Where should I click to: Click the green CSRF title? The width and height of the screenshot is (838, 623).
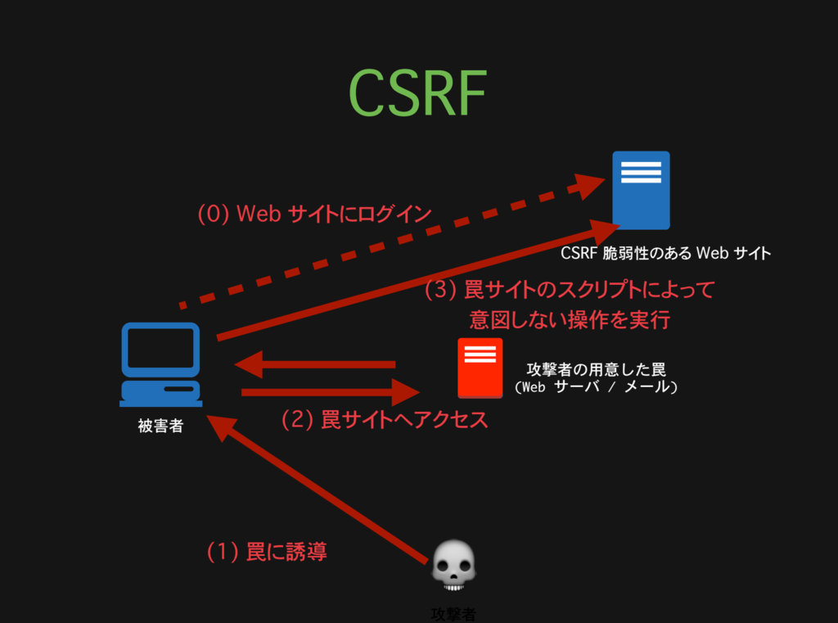[417, 93]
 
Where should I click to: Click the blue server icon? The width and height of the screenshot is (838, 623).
[641, 190]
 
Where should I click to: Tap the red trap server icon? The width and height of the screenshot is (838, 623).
[480, 368]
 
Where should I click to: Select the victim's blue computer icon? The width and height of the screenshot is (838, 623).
[160, 364]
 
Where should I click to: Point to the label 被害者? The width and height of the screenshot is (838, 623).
[160, 426]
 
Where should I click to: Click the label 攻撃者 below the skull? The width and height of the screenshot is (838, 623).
[453, 613]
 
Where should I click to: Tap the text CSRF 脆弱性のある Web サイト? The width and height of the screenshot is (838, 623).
[665, 253]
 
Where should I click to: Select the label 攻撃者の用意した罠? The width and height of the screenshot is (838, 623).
[596, 370]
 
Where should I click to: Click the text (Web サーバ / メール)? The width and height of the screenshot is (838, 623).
[596, 387]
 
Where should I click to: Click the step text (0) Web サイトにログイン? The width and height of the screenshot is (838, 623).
[314, 214]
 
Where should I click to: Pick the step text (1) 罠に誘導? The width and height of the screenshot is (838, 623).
[267, 552]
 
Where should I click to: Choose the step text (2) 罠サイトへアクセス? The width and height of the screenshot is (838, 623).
[385, 420]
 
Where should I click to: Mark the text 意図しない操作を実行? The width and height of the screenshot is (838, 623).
[570, 319]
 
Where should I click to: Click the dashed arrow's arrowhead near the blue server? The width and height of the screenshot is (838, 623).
[591, 187]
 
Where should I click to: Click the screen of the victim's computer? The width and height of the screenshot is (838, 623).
[160, 349]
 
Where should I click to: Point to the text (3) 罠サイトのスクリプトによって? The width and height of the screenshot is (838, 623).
[570, 290]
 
